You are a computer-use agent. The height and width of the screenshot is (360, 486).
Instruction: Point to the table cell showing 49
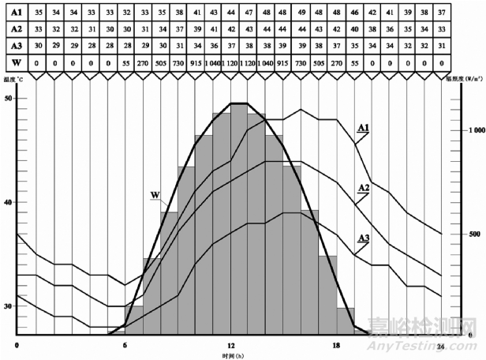(x=301, y=13)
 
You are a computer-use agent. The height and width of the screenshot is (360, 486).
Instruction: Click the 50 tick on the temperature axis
(x=9, y=99)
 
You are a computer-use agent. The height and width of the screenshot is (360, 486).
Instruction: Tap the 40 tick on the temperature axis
(x=9, y=202)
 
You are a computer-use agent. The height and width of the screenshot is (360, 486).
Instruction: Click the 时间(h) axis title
(x=231, y=356)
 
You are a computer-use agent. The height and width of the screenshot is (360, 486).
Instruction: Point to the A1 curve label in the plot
(x=364, y=126)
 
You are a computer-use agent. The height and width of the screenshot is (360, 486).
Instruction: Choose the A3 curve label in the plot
(x=364, y=238)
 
